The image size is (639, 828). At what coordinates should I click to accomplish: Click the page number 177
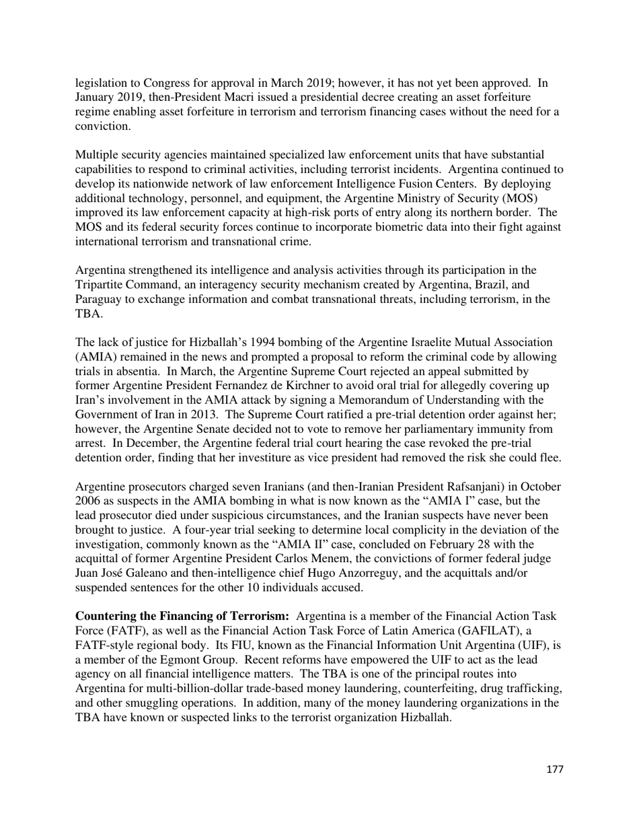pos(554,769)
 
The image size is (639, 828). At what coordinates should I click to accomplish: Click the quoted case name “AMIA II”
pos(301,543)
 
